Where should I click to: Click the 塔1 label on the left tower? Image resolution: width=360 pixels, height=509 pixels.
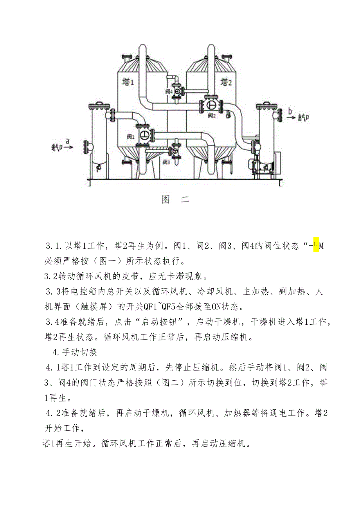tap(128, 82)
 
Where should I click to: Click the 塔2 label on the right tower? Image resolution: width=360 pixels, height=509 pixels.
tap(227, 82)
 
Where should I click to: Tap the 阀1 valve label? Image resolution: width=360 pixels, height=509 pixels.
tap(130, 137)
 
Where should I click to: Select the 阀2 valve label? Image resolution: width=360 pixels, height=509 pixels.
tap(212, 115)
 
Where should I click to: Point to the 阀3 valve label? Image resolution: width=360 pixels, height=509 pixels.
tap(166, 162)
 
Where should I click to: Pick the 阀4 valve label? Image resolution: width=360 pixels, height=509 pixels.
tap(169, 91)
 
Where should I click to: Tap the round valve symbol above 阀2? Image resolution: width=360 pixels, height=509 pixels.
tap(212, 104)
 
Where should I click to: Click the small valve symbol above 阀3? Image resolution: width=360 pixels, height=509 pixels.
tap(175, 150)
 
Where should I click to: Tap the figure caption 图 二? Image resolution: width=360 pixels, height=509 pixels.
tap(175, 200)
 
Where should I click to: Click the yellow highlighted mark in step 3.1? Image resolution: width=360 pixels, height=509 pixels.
tap(316, 246)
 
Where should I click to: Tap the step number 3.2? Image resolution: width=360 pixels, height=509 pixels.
tap(50, 277)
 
